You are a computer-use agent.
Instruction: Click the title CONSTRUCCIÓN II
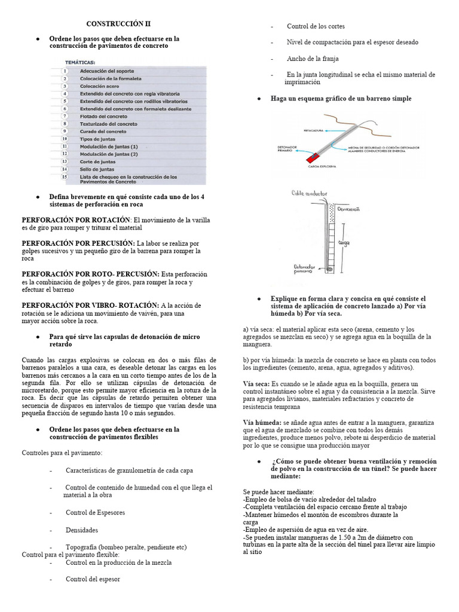click(x=119, y=24)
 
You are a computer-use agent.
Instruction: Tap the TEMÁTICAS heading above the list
click(x=80, y=61)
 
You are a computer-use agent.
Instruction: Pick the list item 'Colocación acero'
click(x=99, y=85)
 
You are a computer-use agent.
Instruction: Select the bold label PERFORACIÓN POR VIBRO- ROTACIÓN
click(x=90, y=305)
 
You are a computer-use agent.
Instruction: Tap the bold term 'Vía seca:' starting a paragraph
click(x=256, y=383)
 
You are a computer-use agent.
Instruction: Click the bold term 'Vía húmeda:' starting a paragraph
click(x=261, y=423)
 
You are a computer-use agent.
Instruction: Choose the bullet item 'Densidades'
click(x=82, y=530)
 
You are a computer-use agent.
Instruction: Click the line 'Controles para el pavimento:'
click(x=62, y=452)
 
